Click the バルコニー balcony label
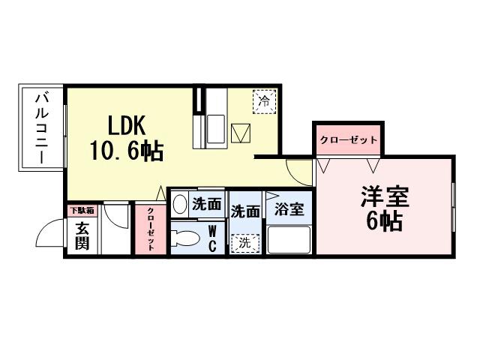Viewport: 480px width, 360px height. [x=42, y=127]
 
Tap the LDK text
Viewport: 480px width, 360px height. [x=115, y=124]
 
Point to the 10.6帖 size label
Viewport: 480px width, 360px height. [x=127, y=151]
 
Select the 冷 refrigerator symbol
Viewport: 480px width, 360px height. [x=264, y=100]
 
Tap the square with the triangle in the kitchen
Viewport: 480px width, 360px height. [x=240, y=133]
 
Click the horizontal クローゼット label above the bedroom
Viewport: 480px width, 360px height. [x=347, y=140]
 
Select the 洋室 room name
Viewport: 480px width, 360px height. [x=385, y=197]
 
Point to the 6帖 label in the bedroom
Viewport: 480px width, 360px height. [x=384, y=221]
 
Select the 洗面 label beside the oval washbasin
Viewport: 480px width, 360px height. [x=206, y=204]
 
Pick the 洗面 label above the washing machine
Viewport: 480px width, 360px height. [x=245, y=212]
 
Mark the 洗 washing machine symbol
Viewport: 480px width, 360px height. [x=245, y=243]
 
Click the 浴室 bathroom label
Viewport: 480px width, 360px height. [x=289, y=210]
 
